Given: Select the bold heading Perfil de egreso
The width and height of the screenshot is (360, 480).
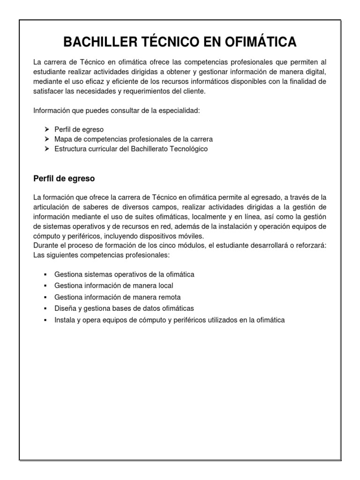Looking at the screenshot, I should pyautogui.click(x=64, y=179).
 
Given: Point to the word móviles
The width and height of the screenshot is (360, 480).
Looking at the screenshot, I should pyautogui.click(x=189, y=235).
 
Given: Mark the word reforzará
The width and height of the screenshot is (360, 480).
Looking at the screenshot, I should pyautogui.click(x=305, y=245).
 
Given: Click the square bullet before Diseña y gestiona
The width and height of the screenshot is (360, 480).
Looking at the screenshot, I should pyautogui.click(x=45, y=308).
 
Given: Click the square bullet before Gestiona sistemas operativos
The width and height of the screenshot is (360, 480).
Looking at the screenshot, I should pyautogui.click(x=45, y=274).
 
